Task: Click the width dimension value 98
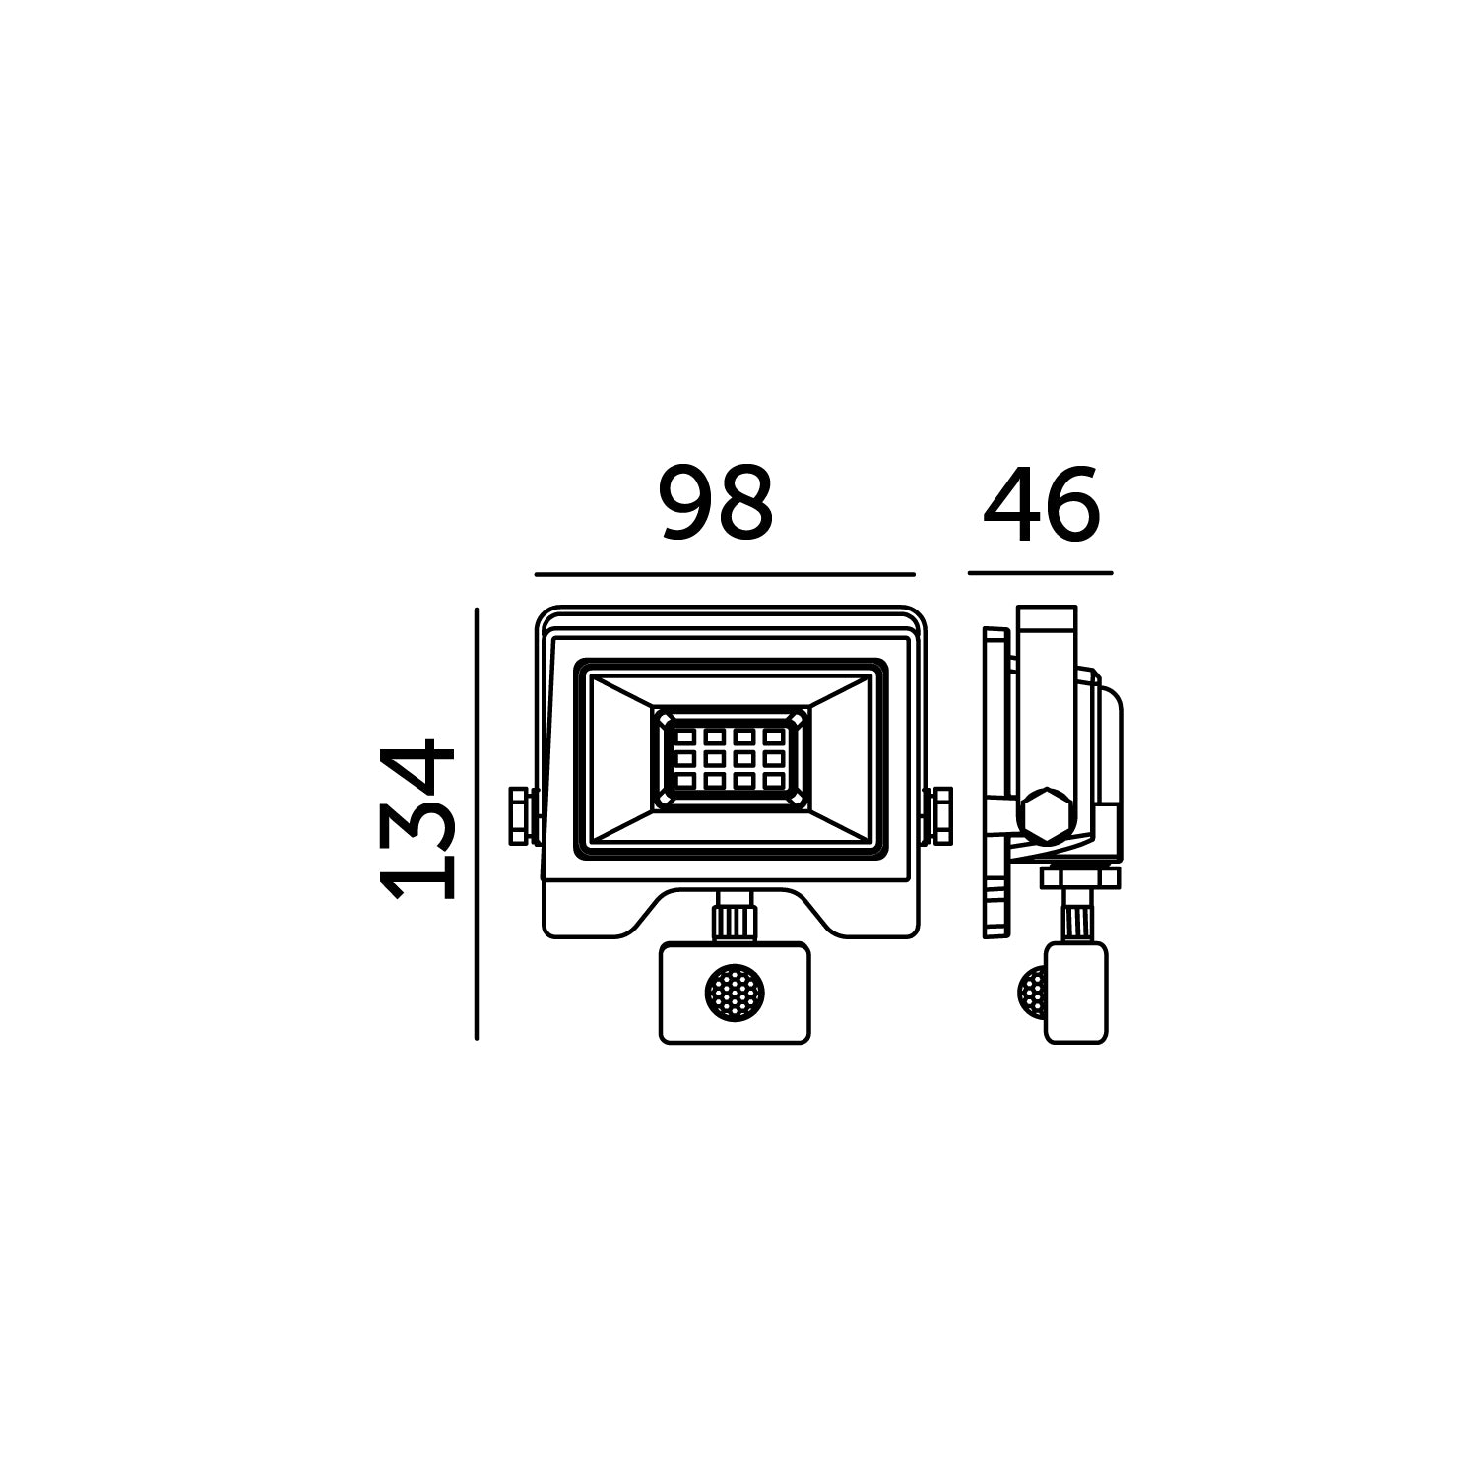(716, 503)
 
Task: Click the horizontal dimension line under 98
(726, 573)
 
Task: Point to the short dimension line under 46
(1041, 573)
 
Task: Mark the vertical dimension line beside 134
(476, 823)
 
